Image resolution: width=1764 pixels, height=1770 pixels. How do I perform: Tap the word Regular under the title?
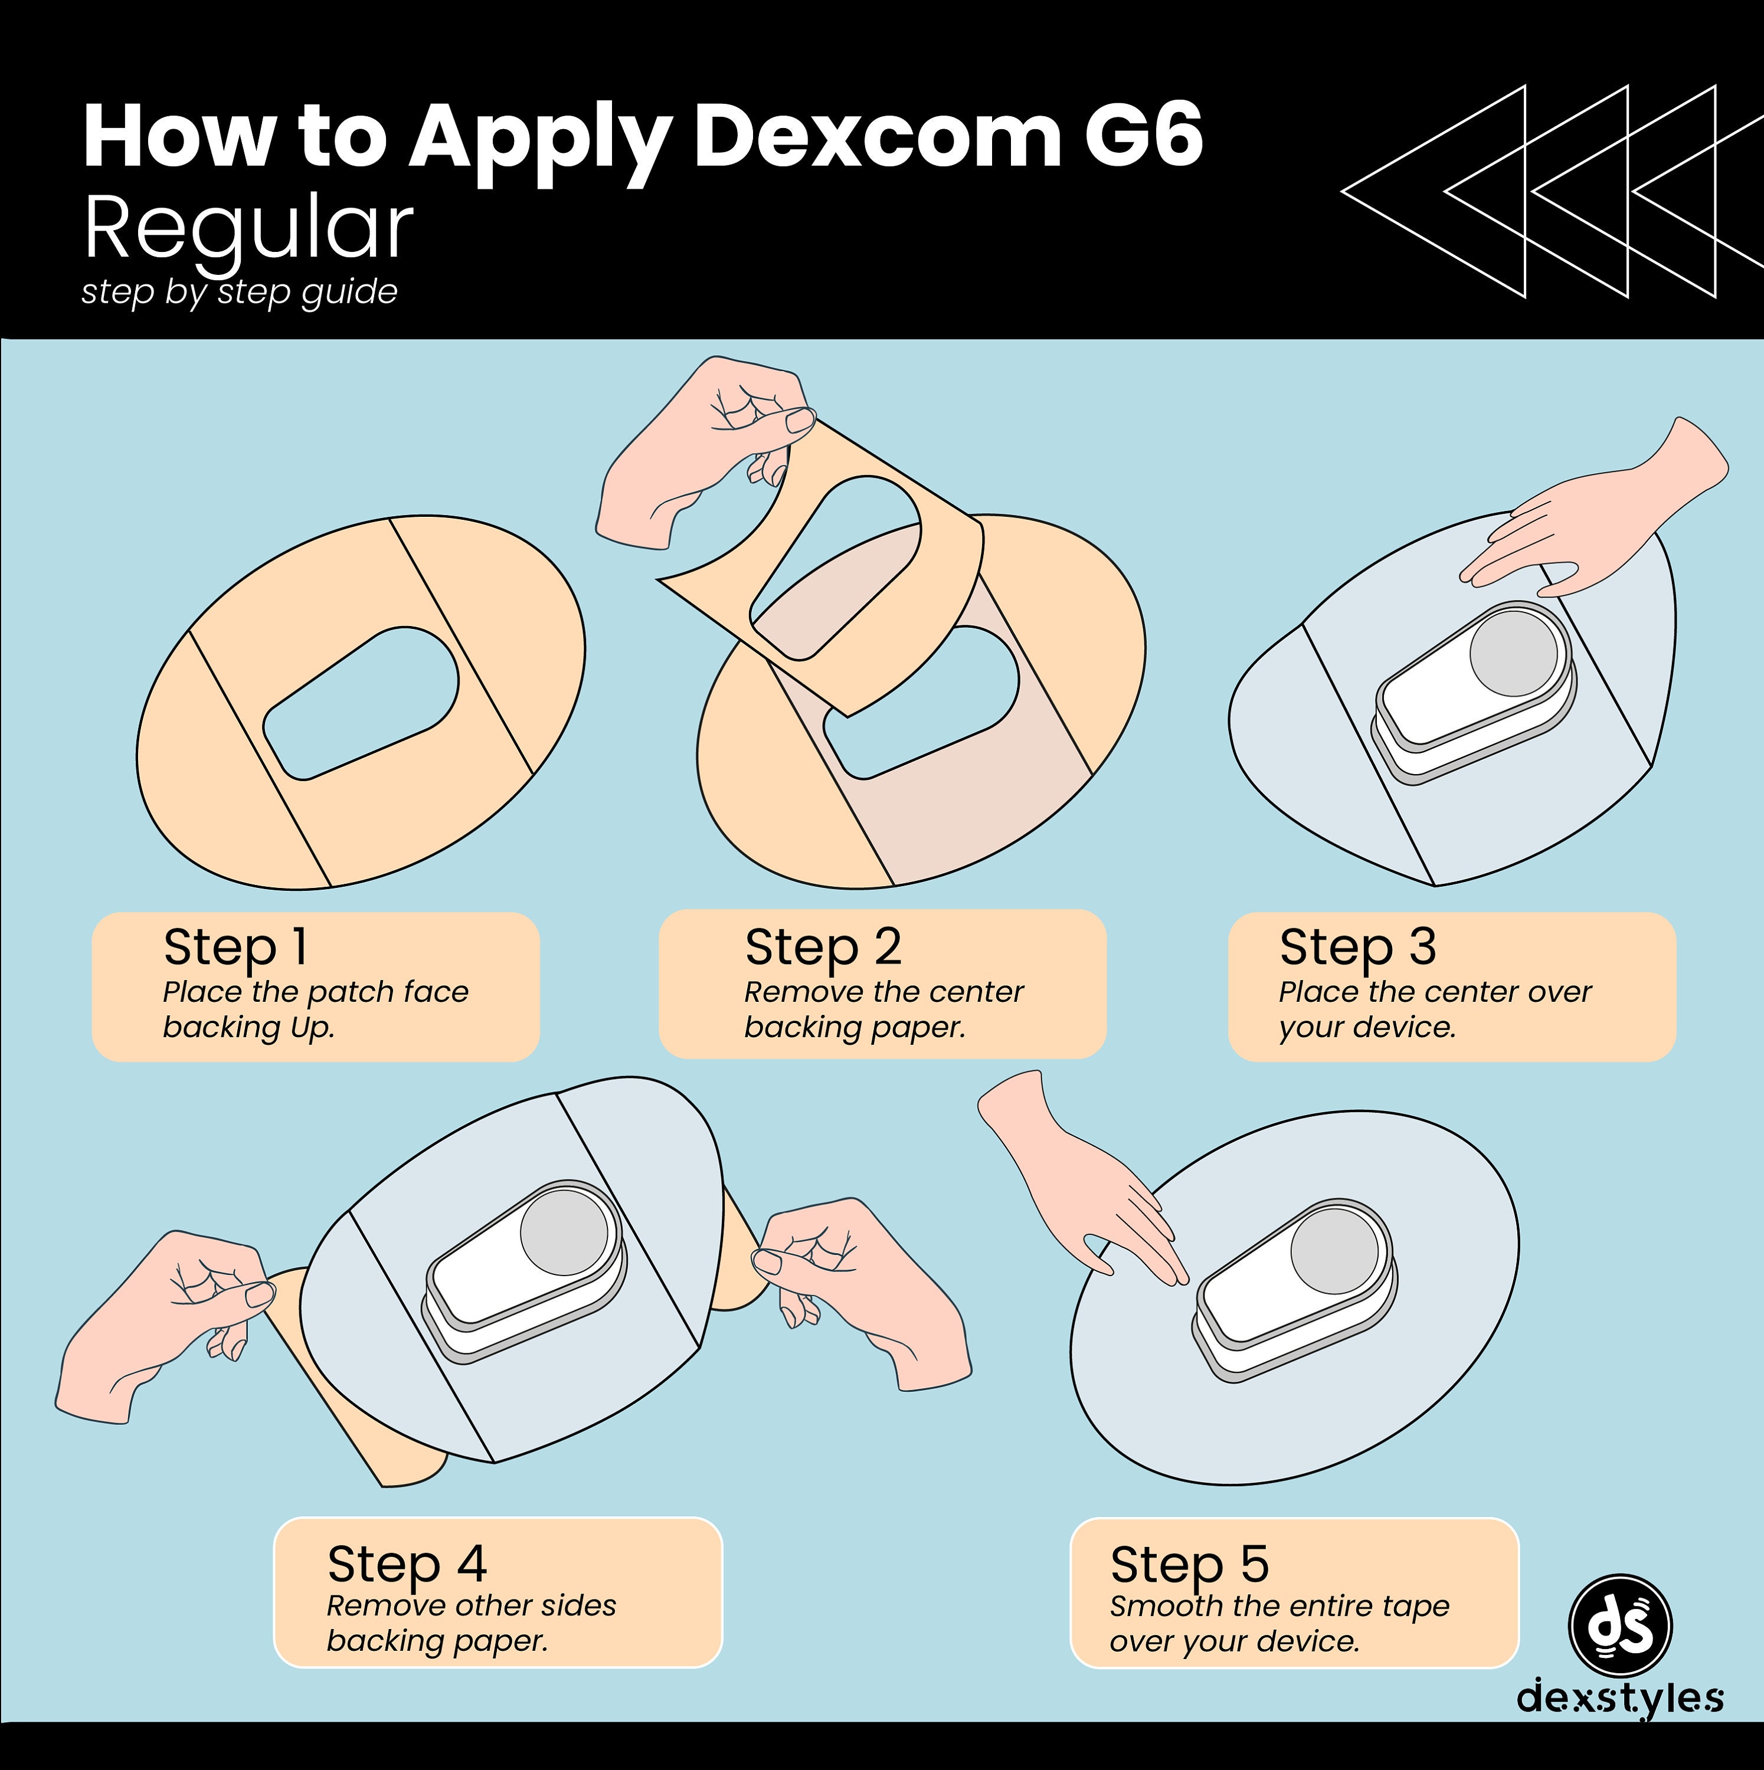point(247,229)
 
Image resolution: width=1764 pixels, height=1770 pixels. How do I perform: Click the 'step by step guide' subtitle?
point(239,292)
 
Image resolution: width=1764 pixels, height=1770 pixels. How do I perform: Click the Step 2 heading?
point(822,948)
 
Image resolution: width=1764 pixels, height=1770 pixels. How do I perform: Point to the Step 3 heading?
point(1357,948)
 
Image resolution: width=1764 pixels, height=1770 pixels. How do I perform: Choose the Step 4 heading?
point(406,1564)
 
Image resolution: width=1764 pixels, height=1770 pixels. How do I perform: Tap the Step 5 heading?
point(1189,1564)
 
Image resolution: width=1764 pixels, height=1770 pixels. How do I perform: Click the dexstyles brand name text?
point(1619,1697)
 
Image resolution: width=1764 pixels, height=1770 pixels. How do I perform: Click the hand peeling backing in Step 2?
point(696,449)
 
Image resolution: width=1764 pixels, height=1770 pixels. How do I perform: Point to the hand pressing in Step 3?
point(1595,522)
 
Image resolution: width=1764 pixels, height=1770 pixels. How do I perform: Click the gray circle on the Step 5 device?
point(1334,1251)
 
